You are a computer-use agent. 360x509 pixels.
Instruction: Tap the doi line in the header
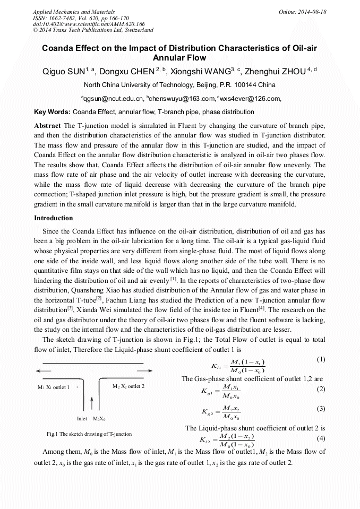click(89, 24)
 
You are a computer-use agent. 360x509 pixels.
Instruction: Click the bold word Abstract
click(47, 125)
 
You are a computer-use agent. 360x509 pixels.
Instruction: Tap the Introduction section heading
click(54, 218)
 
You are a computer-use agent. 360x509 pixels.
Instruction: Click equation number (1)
click(320, 359)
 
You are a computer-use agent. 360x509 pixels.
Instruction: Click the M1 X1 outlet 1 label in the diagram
click(54, 387)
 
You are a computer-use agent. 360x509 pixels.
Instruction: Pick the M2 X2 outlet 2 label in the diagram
click(128, 386)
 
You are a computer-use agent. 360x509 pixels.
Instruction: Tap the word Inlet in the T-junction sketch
click(82, 419)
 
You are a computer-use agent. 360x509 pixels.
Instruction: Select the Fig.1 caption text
click(89, 434)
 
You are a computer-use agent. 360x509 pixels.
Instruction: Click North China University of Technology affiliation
click(179, 85)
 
